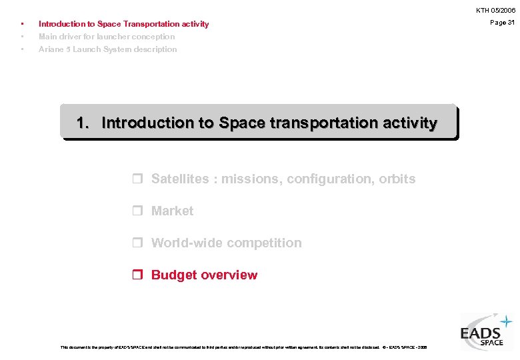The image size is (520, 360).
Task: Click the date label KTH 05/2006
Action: [x=495, y=11]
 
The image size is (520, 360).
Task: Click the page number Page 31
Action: [x=502, y=23]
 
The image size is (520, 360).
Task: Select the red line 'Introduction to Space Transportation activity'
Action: [x=123, y=24]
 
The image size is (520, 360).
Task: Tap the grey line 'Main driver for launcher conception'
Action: [x=107, y=37]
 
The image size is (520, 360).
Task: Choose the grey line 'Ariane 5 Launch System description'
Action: [x=107, y=49]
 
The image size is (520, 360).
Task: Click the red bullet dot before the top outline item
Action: [x=23, y=24]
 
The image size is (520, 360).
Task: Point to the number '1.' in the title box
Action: [x=84, y=123]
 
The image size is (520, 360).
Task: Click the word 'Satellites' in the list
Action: [x=179, y=179]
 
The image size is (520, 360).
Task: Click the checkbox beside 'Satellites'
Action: [x=138, y=179]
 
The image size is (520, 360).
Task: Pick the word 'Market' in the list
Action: [x=172, y=211]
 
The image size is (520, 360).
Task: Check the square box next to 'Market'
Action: [x=138, y=211]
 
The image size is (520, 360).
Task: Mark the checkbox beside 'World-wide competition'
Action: [x=138, y=243]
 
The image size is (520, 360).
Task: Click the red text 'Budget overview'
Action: [x=204, y=275]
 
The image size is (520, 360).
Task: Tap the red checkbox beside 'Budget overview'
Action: [x=138, y=275]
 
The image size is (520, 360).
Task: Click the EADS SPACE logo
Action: [x=486, y=331]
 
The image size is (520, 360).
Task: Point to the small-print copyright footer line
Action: [x=243, y=347]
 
